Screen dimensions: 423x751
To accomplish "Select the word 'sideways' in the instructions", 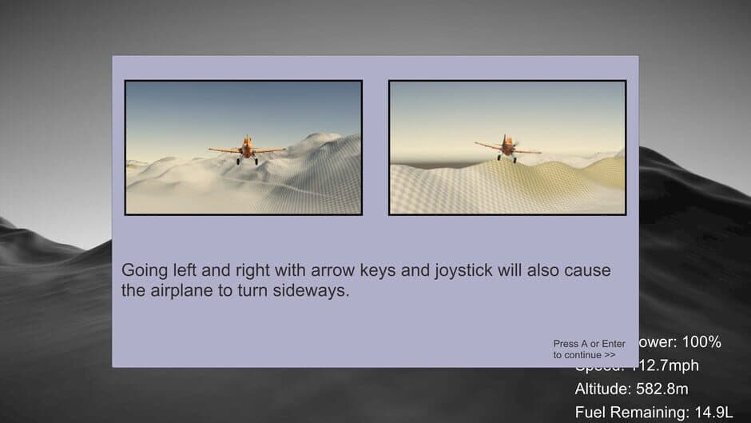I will pos(314,290).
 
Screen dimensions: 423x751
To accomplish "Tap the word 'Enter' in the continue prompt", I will pos(613,344).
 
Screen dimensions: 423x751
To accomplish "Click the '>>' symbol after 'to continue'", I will pos(610,354).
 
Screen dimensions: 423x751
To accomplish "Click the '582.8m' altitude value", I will pos(662,389).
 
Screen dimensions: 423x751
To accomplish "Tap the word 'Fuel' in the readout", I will pos(590,413).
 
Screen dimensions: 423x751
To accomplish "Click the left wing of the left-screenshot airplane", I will pos(224,150).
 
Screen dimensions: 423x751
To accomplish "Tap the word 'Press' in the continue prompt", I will pos(565,344).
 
